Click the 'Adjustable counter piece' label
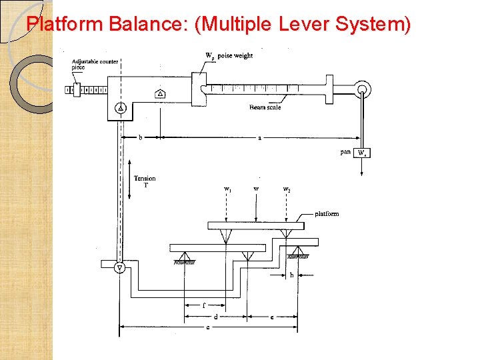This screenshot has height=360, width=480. [95, 64]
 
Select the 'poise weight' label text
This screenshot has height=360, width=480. [235, 56]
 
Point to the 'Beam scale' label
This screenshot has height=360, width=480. [265, 107]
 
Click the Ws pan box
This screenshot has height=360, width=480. [362, 153]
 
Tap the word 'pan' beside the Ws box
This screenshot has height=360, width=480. [345, 152]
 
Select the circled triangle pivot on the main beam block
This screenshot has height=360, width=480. [121, 108]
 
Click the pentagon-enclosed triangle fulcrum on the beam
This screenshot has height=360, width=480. [160, 94]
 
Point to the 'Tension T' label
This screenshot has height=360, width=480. [145, 181]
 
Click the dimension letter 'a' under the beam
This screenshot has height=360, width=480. [259, 138]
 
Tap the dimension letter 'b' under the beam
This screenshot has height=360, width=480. [140, 138]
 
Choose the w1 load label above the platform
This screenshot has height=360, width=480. [228, 190]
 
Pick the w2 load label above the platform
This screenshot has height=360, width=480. [287, 190]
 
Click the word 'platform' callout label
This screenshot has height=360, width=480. [327, 214]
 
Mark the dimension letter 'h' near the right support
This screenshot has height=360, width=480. [291, 275]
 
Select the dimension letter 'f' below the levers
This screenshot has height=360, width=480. [203, 306]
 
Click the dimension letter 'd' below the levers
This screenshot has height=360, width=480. [215, 317]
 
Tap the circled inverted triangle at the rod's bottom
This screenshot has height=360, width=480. [120, 268]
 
